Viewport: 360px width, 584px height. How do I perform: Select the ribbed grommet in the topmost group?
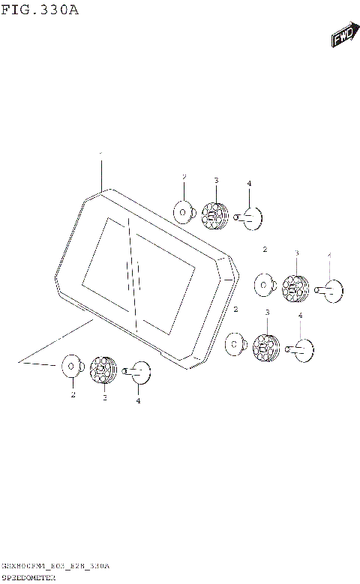point(215,215)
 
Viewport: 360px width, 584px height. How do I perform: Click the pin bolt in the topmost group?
point(250,217)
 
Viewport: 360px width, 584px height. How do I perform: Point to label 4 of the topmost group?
point(249,184)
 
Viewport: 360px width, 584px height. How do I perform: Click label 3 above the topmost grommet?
point(215,181)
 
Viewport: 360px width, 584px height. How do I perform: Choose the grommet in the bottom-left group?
point(103,369)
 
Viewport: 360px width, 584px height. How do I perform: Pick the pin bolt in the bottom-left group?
point(139,370)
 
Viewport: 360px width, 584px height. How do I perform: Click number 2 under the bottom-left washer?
point(73,393)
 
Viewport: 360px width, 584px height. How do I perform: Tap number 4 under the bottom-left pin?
point(138,400)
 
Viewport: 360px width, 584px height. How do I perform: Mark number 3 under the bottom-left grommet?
point(104,397)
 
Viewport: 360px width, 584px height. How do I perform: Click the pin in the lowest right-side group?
point(301,349)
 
